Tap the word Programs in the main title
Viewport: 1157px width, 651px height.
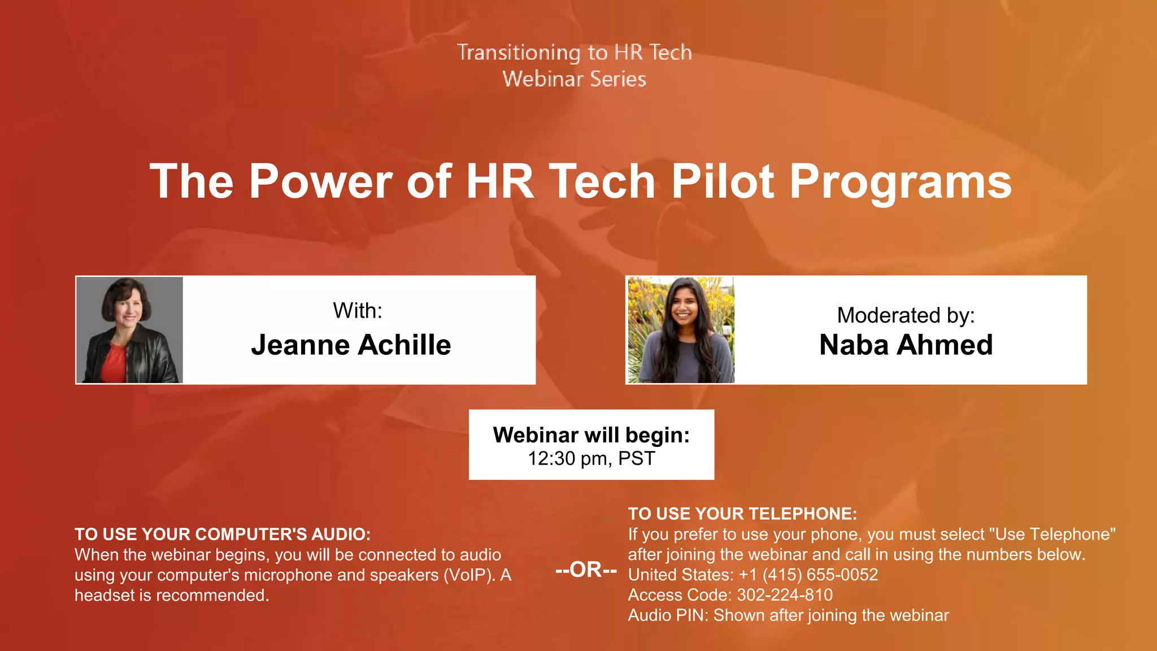tap(900, 181)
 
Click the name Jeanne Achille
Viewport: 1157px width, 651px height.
tap(351, 345)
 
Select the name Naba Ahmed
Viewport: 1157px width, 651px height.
tap(906, 345)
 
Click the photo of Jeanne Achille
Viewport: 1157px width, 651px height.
tap(129, 330)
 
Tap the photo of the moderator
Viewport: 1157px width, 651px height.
tap(681, 330)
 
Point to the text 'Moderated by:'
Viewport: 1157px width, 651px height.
tap(906, 315)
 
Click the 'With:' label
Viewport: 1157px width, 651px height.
tap(357, 311)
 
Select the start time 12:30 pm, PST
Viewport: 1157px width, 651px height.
tap(591, 458)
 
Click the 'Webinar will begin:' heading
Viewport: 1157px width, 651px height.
tap(591, 435)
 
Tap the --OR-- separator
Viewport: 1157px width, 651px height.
tap(586, 570)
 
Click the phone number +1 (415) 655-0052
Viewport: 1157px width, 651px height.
tap(808, 575)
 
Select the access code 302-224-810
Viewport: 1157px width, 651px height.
tap(785, 595)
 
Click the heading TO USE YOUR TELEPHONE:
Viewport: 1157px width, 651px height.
tap(742, 514)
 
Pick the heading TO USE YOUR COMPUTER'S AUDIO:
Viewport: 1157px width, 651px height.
tap(223, 534)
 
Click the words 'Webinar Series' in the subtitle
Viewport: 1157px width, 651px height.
tap(574, 79)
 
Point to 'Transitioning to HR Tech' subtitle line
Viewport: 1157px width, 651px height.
tap(574, 53)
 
